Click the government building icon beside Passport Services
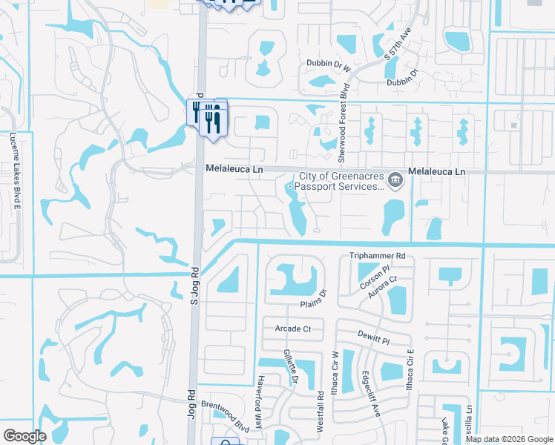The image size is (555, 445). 395,179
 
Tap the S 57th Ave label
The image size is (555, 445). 397,45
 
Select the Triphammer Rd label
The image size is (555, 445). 378,256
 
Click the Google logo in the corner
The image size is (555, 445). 24,435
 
